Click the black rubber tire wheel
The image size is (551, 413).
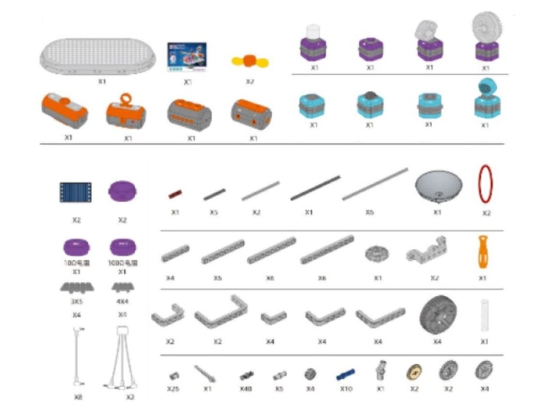437,315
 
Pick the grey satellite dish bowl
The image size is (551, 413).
438,186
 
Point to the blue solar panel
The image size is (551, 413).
75,192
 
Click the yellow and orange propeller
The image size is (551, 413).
250,61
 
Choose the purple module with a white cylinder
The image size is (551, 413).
313,43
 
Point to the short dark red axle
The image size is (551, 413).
175,194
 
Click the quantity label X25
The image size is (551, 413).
173,389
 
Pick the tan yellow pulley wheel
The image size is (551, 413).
414,372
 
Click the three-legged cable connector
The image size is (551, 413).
122,358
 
